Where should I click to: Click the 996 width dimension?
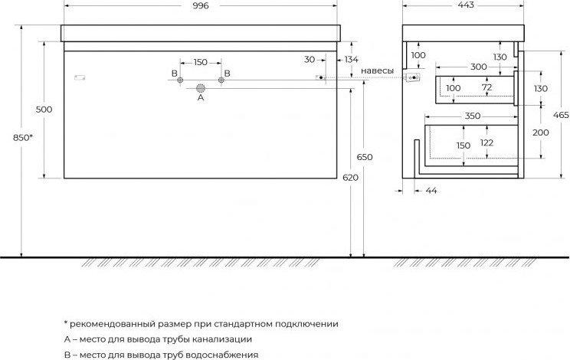pos(201,5)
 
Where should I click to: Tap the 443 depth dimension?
pos(466,5)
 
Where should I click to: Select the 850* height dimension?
pos(22,138)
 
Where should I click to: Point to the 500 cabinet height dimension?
pos(44,110)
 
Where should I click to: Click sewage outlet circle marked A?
pos(201,88)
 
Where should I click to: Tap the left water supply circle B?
pos(179,80)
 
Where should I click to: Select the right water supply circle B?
pos(221,80)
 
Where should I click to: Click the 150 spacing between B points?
pos(200,62)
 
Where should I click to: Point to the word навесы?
pos(377,70)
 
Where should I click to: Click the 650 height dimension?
pos(365,157)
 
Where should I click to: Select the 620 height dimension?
pos(350,178)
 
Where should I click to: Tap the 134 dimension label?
pos(351,59)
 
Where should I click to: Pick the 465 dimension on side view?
pos(561,115)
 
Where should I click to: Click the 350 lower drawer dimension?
pos(472,116)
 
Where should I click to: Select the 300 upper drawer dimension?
pos(478,67)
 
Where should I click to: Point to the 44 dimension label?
pos(431,191)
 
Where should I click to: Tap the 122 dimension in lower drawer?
pos(486,142)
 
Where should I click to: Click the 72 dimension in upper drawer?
pos(486,87)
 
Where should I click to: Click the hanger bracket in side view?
pos(412,77)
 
